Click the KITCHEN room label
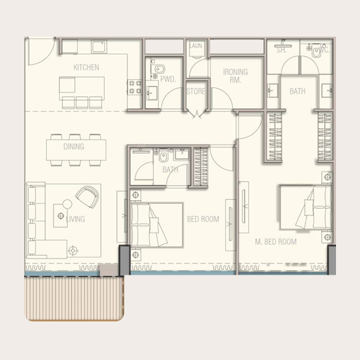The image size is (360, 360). [x=86, y=67]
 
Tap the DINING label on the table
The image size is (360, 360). [x=73, y=147]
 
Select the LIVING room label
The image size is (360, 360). [x=75, y=219]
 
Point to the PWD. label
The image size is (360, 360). [x=167, y=80]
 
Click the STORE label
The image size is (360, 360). [x=196, y=91]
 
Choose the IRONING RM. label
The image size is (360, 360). [x=235, y=76]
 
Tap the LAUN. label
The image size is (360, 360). [x=196, y=46]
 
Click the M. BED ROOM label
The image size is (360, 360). [x=275, y=242]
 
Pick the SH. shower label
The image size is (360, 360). [x=282, y=50]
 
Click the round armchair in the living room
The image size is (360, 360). [x=88, y=196]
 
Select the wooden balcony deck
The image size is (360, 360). [x=74, y=298]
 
